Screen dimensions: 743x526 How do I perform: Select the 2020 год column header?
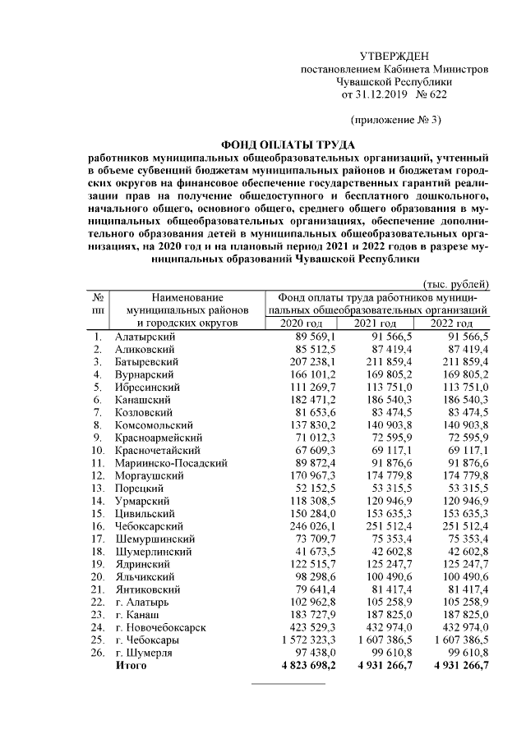[x=301, y=324]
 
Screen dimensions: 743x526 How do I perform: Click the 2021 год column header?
[x=376, y=324]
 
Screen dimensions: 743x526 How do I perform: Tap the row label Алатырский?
[x=144, y=336]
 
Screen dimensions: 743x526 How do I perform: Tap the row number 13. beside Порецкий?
[x=98, y=488]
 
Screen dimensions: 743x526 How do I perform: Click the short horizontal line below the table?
[x=288, y=683]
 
